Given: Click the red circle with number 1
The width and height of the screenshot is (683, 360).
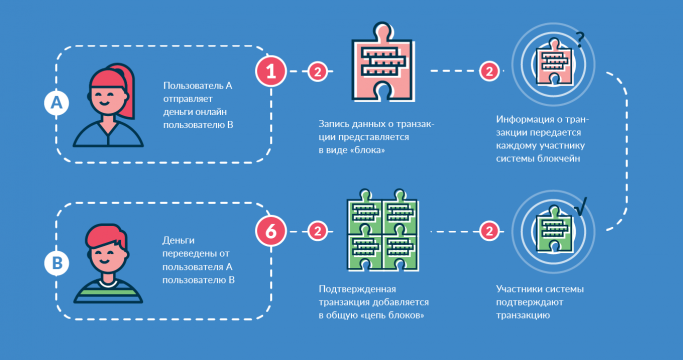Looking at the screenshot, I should click(271, 71).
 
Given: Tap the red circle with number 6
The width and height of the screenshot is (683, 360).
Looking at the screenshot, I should click(271, 231).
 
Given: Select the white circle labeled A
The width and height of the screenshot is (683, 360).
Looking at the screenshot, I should click(55, 102).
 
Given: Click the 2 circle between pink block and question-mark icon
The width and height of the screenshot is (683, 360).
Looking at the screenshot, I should click(489, 71).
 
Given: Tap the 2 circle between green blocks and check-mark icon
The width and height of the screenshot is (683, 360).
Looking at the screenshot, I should click(489, 231).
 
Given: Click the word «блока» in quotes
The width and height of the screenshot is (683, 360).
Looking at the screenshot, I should click(366, 149).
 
